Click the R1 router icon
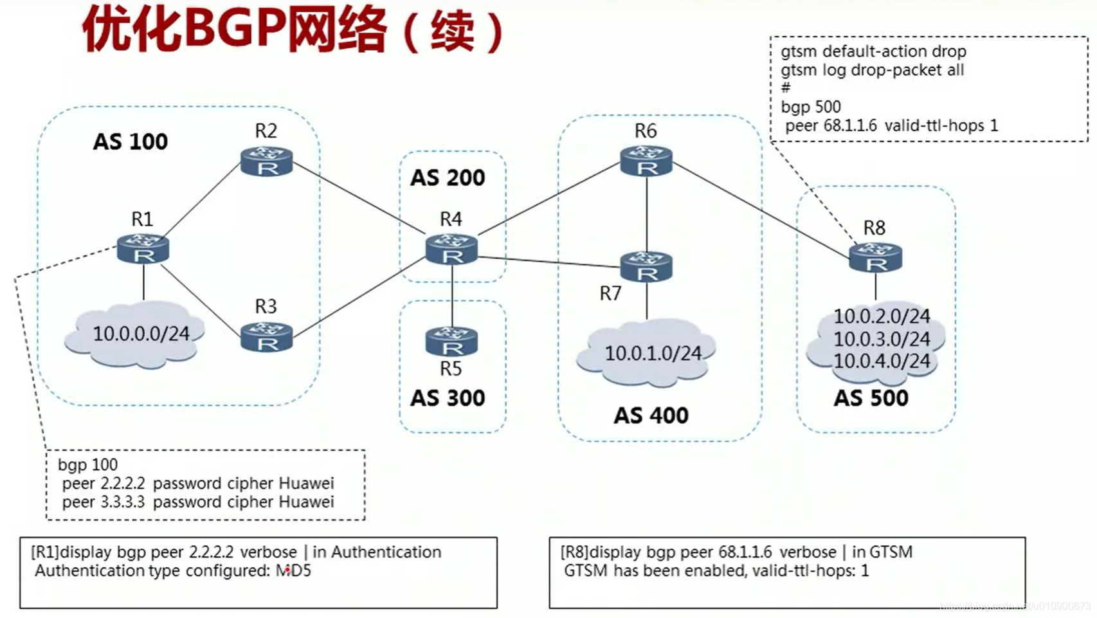(x=143, y=249)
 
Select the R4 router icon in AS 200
(x=451, y=250)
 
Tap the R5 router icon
(x=451, y=341)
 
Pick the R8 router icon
(x=875, y=257)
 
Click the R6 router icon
(x=646, y=161)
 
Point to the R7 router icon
(x=646, y=266)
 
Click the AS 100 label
(x=130, y=141)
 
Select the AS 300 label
(x=448, y=398)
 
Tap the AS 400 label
(x=651, y=415)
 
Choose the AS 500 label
(x=871, y=398)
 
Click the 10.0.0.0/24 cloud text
(x=141, y=334)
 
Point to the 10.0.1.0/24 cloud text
(x=653, y=353)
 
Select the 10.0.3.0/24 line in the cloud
(x=882, y=339)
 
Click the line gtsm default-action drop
(x=873, y=51)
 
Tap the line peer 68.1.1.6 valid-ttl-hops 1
(x=891, y=125)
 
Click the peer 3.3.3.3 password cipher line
(x=198, y=502)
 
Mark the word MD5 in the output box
(x=293, y=570)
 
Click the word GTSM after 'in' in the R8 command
(x=891, y=552)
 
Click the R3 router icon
(x=266, y=337)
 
